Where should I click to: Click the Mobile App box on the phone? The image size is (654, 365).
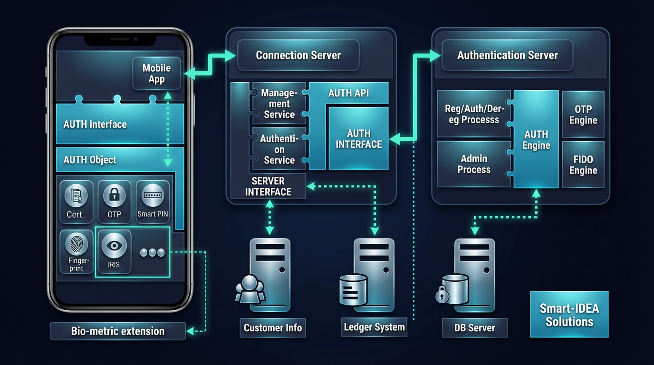click(156, 74)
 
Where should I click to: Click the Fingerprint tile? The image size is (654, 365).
click(76, 252)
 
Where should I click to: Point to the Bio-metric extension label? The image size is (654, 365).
click(118, 331)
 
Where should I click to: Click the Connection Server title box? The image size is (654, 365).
click(298, 55)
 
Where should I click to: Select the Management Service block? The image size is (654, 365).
click(279, 103)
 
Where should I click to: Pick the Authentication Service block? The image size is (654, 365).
click(279, 149)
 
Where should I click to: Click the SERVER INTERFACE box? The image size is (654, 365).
click(268, 186)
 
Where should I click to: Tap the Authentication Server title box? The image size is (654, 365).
click(507, 55)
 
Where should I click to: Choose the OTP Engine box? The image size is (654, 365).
click(583, 115)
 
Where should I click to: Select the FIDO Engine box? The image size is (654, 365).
click(583, 164)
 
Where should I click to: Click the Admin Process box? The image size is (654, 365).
click(473, 164)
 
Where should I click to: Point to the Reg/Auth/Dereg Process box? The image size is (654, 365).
click(473, 114)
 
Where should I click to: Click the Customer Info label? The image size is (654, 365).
click(272, 327)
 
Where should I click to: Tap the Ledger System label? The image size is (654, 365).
click(374, 327)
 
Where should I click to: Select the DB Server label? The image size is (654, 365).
click(474, 328)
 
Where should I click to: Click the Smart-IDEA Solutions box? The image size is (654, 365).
click(569, 315)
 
